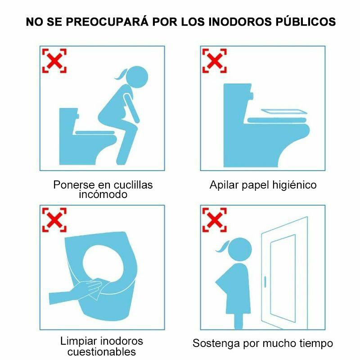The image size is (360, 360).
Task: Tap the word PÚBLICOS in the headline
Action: tap(306, 21)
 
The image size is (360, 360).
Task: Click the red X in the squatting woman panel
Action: tap(54, 61)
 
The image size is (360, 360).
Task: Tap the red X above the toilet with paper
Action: tap(215, 61)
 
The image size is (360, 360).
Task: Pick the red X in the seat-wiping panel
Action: tap(54, 220)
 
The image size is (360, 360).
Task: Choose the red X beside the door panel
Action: tap(215, 220)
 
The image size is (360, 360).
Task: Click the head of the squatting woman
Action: tap(137, 77)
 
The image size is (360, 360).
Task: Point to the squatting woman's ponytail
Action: tap(121, 74)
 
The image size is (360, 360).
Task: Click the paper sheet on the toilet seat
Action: tap(284, 112)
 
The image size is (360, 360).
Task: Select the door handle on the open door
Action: tap(265, 282)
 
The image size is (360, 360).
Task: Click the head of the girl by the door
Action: tap(240, 249)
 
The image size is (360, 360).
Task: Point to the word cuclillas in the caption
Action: tap(133, 185)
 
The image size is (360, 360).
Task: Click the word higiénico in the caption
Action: tap(295, 185)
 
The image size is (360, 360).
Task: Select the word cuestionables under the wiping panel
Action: tap(102, 352)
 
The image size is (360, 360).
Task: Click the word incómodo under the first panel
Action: tap(103, 194)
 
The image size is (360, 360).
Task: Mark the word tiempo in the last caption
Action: tap(316, 344)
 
